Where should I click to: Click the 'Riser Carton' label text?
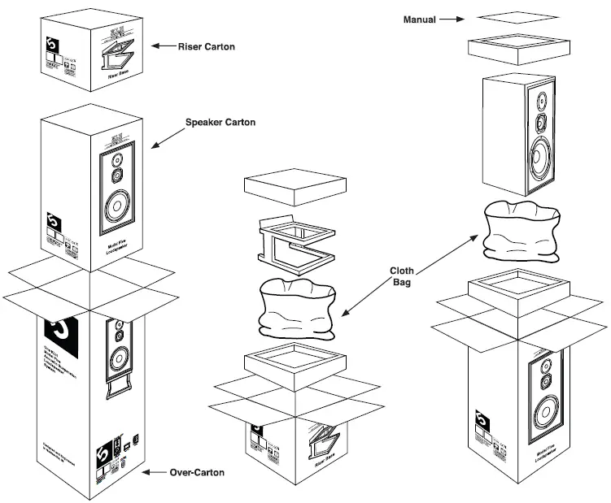point(207,46)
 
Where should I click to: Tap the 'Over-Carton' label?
point(198,472)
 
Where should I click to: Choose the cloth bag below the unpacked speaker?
point(522,232)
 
